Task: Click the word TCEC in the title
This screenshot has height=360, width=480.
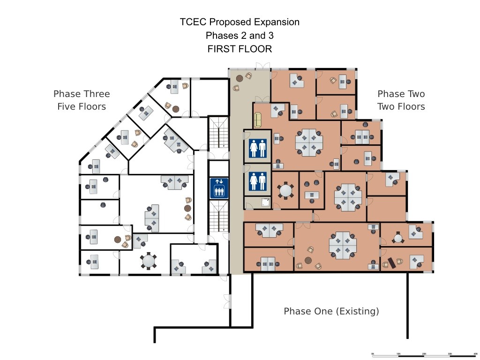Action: (x=192, y=22)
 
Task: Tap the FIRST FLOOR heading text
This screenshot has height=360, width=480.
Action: (x=240, y=49)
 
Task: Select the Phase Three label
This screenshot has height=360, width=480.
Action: (x=82, y=94)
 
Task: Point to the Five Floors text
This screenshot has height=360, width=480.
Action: (x=82, y=106)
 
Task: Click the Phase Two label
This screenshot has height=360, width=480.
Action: (x=401, y=94)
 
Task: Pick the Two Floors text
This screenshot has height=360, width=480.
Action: (x=401, y=106)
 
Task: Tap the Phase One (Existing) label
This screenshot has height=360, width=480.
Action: (x=331, y=311)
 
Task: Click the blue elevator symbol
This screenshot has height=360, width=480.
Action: (x=219, y=187)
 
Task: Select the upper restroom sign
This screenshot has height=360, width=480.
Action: (x=258, y=149)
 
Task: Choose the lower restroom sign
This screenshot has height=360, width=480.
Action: (x=258, y=181)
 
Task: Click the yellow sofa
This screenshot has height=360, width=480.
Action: (x=257, y=120)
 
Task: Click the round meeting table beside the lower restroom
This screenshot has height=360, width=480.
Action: (x=285, y=190)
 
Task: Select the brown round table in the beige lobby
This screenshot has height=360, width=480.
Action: (x=240, y=78)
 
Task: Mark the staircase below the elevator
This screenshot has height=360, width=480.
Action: (x=219, y=220)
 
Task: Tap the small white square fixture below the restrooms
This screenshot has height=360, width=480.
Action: (x=266, y=202)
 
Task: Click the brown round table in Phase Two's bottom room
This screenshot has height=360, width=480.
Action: (x=308, y=260)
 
